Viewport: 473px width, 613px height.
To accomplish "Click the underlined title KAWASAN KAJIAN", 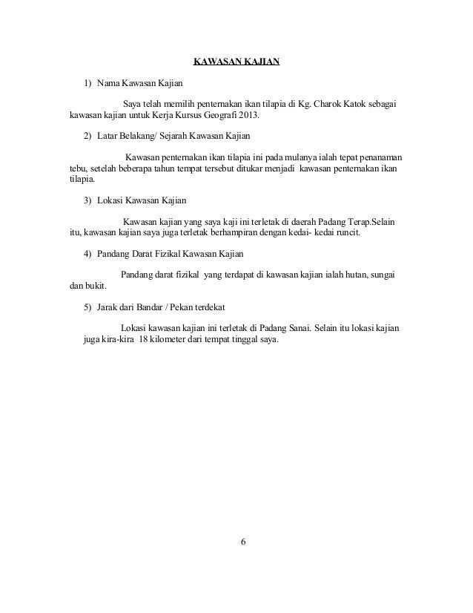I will (236, 61).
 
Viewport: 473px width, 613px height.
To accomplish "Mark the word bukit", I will (94, 288).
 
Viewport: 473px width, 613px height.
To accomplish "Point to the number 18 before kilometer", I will (145, 341).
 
